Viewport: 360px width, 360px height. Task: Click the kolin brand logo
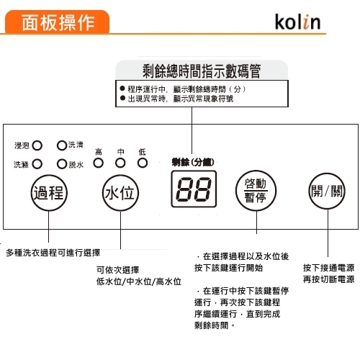[297, 22]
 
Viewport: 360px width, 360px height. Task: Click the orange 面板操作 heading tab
[57, 22]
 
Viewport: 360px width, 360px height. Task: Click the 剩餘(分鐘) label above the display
[193, 163]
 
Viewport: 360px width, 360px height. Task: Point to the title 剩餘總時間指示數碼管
[202, 71]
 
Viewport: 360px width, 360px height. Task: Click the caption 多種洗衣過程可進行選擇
[53, 253]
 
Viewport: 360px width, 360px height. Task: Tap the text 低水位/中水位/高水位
[139, 282]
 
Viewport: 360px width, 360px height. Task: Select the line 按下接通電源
[328, 268]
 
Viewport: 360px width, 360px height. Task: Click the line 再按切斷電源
[328, 279]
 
